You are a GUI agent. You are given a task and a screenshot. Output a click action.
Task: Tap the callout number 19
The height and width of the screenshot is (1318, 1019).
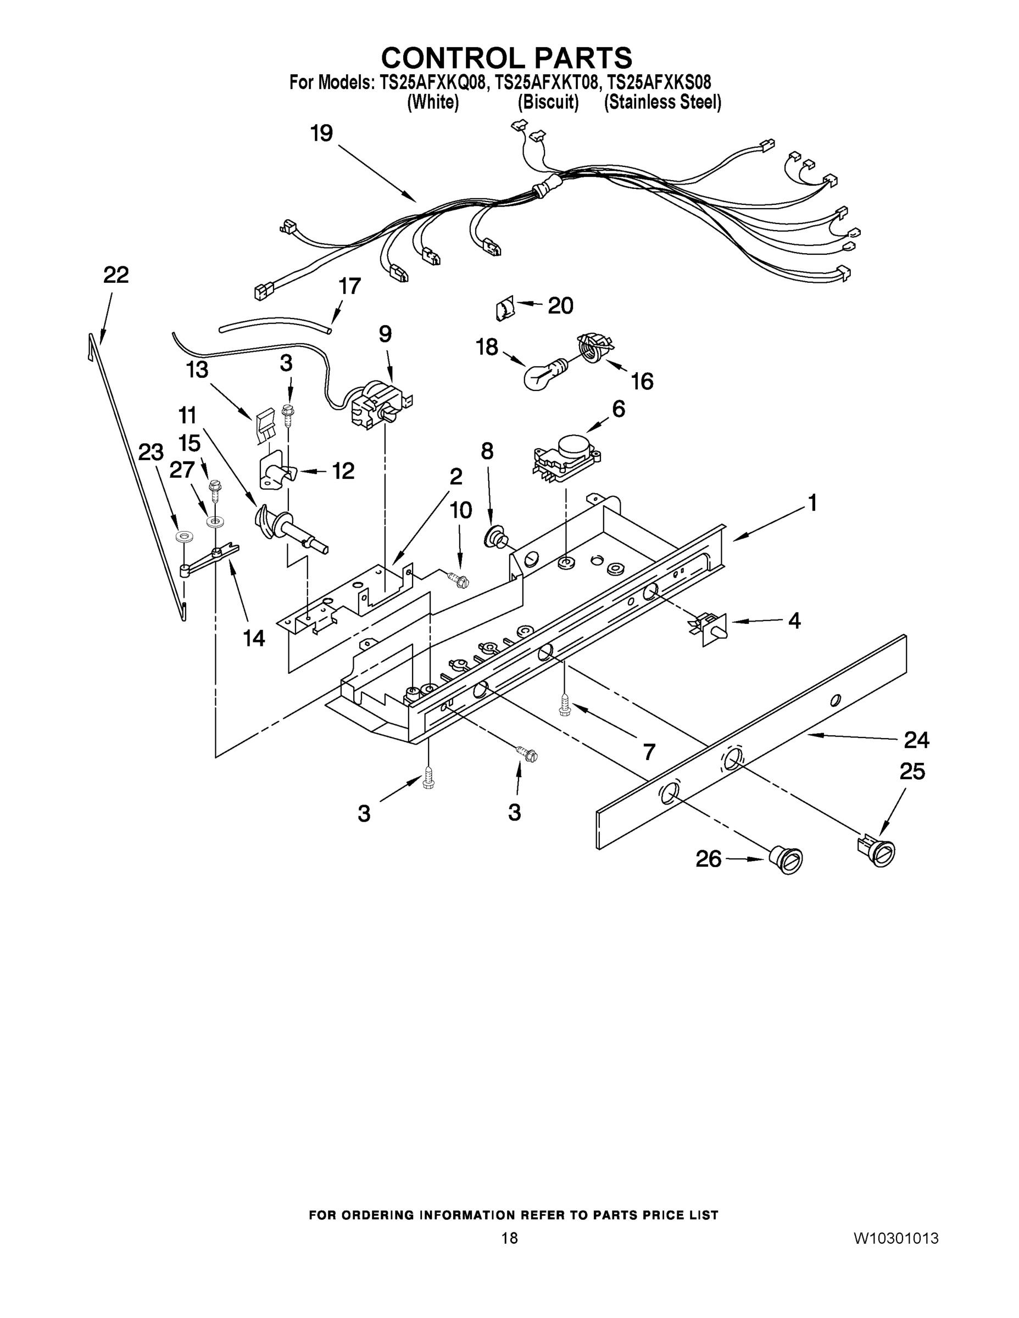[x=322, y=133]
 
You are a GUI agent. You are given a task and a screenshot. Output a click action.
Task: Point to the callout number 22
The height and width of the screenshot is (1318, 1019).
[x=116, y=275]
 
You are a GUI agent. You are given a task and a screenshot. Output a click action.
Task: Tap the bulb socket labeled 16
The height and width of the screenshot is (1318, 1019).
[x=593, y=347]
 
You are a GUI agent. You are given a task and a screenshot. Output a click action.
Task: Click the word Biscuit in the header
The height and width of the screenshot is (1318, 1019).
[x=548, y=103]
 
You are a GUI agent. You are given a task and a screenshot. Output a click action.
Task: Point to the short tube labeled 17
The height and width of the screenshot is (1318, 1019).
[x=275, y=323]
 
